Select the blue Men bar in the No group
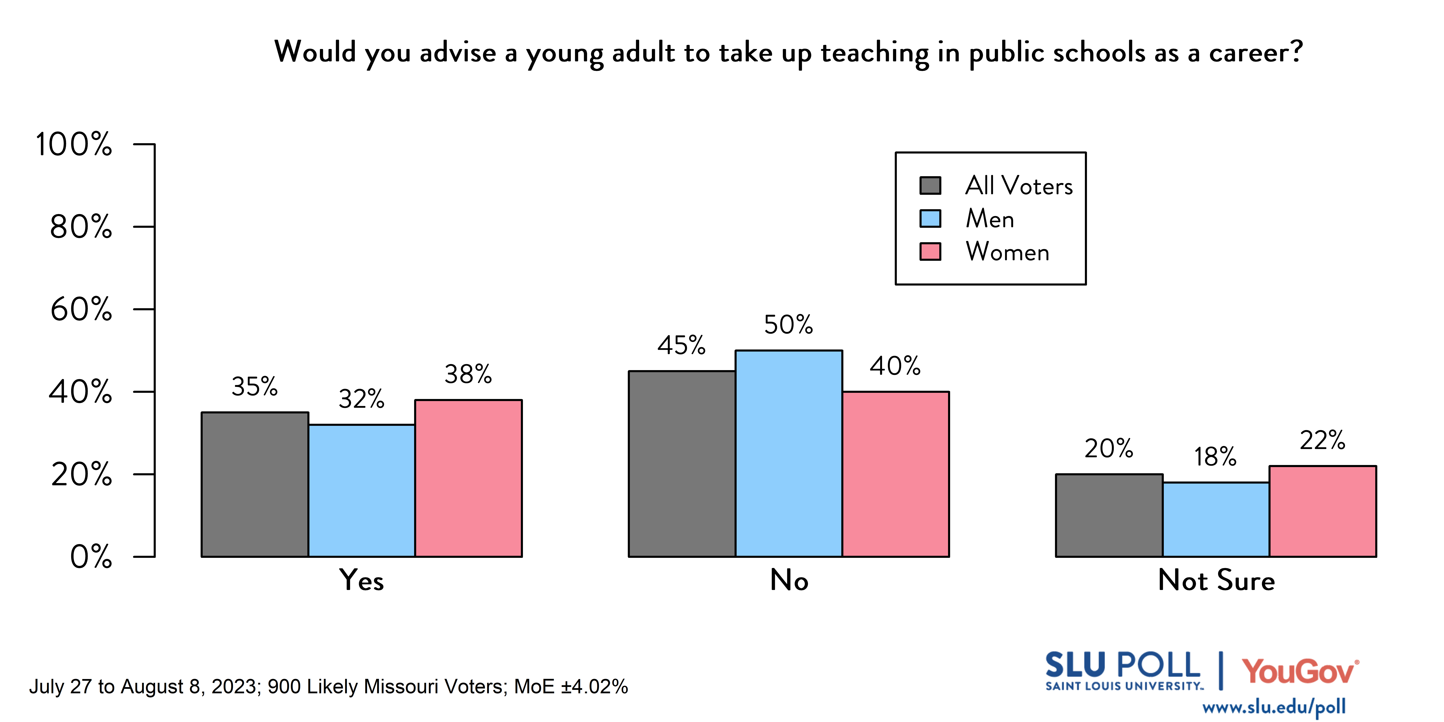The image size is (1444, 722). [x=789, y=453]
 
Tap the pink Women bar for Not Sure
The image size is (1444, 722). [x=1323, y=511]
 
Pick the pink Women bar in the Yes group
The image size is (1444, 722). [x=469, y=478]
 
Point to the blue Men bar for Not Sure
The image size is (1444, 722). [x=1216, y=520]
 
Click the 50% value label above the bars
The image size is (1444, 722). [x=788, y=325]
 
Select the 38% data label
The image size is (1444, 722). [x=468, y=374]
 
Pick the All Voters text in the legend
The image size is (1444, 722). [x=1019, y=185]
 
